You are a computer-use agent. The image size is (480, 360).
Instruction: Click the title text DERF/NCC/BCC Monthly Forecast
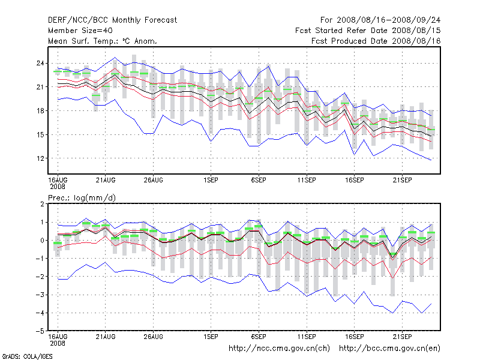(112, 20)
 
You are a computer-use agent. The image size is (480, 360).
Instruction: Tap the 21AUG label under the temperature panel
(106, 179)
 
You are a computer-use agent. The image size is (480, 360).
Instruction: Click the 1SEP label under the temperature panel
(211, 179)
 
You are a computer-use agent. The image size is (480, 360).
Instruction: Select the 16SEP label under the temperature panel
(354, 179)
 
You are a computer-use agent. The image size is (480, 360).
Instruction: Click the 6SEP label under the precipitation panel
(259, 337)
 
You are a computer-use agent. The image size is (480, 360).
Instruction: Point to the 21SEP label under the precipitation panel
(402, 337)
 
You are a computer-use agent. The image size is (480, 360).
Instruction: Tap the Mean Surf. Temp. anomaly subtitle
(102, 41)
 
